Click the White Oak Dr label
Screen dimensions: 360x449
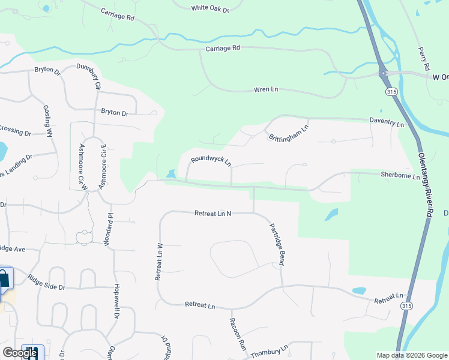click(x=210, y=8)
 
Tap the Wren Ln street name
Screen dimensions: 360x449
click(x=266, y=89)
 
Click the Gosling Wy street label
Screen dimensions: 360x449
click(x=48, y=122)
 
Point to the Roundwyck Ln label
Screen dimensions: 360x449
click(x=211, y=162)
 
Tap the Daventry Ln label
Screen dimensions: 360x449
click(x=387, y=122)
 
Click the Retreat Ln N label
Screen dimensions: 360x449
click(x=212, y=213)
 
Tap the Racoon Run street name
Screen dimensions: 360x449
click(x=237, y=334)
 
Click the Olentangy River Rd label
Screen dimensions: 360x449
click(x=424, y=185)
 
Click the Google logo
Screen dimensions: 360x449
click(x=20, y=353)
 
